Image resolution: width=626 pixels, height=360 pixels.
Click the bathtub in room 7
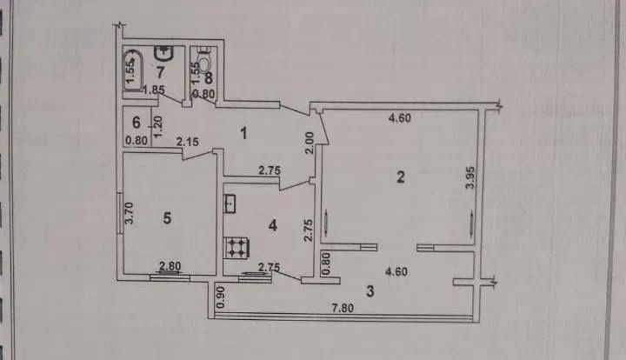coord(133,70)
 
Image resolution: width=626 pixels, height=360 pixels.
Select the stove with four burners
coord(238,248)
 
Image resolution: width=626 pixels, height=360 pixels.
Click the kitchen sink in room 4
coord(230,203)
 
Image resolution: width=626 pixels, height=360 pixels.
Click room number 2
coord(401,177)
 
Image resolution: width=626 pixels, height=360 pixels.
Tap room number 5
coord(167,218)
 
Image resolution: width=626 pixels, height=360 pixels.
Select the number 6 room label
coord(137,123)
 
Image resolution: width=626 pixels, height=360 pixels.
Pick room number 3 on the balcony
coord(370,291)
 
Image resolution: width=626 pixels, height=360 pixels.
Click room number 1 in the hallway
coord(243,133)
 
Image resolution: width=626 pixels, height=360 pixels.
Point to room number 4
coord(273,225)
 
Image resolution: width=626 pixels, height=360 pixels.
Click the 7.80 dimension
coord(343,308)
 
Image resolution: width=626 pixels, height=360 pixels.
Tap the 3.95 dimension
coord(471,177)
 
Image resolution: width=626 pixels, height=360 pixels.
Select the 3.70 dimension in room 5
coord(129,214)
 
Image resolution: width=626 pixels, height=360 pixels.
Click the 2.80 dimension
coord(170,266)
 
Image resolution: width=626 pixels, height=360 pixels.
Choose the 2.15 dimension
coord(188,141)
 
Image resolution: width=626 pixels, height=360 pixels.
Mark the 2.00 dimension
coord(310,143)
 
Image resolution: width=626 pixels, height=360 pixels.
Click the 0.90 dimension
coord(222,297)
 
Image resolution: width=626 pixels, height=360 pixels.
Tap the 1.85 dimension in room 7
coord(154,90)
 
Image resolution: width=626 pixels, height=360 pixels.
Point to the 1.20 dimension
coord(157,127)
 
